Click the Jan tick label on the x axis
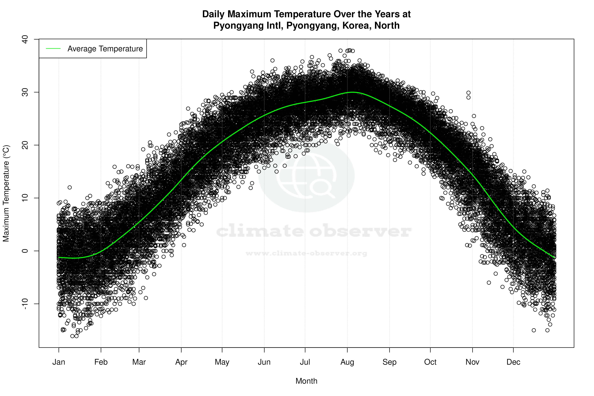click(x=59, y=362)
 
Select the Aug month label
click(x=347, y=362)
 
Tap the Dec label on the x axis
click(x=513, y=362)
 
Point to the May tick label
click(x=222, y=362)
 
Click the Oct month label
click(x=430, y=362)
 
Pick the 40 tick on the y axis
click(x=25, y=39)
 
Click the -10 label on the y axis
click(x=25, y=304)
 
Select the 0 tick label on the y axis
click(x=25, y=251)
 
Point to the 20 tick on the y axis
click(x=25, y=145)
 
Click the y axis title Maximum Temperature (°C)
click(x=6, y=193)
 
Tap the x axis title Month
click(x=306, y=381)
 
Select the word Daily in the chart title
click(x=213, y=14)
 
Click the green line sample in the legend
click(x=53, y=48)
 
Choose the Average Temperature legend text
click(x=105, y=48)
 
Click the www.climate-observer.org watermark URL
click(x=306, y=253)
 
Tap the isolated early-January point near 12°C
click(x=70, y=187)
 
